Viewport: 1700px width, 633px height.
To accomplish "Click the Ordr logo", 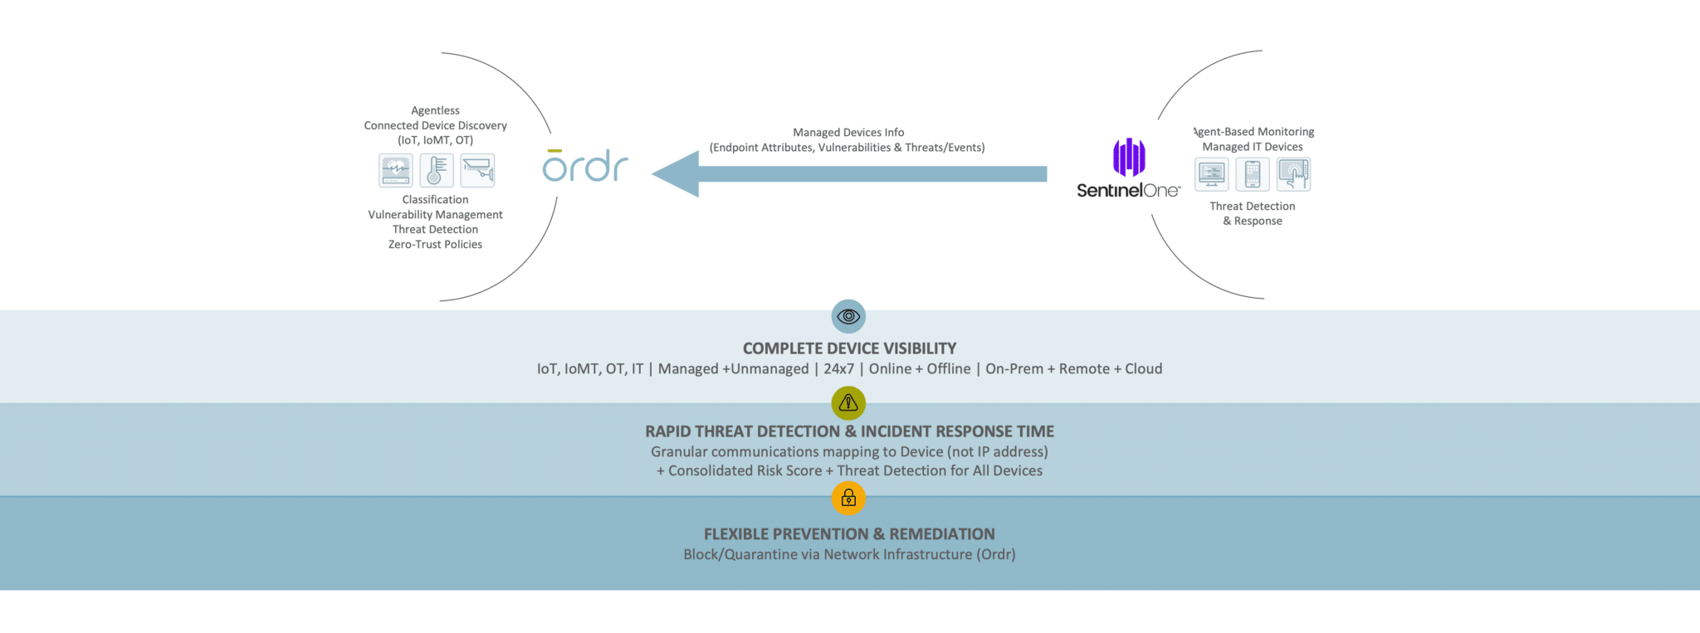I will coord(585,167).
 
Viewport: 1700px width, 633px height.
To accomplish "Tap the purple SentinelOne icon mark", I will coord(1129,157).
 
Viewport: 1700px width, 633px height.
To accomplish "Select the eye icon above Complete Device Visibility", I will coord(848,316).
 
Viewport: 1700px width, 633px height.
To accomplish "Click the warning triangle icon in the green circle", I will coord(848,403).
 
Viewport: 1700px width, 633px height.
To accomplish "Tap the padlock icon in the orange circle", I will coord(848,498).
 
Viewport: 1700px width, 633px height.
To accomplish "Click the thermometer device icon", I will coord(436,171).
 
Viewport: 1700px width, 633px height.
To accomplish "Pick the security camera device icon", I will coord(477,171).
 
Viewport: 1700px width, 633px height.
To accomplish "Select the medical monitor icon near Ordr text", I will coord(395,171).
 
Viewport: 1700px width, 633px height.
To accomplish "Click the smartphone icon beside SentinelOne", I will coord(1253,174).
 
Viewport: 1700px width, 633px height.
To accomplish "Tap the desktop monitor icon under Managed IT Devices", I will coord(1211,174).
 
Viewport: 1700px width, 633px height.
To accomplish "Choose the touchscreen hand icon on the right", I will coord(1293,174).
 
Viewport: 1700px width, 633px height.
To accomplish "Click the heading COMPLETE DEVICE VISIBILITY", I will coord(849,348).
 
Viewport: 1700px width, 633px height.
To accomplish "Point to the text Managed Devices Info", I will coord(848,133).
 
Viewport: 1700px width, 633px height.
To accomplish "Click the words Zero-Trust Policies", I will coord(435,245).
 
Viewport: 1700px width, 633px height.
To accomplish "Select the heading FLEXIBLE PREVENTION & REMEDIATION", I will coord(849,534).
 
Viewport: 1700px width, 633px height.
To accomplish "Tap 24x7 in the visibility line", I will coord(838,369).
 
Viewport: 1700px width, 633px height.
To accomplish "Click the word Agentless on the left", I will coord(435,110).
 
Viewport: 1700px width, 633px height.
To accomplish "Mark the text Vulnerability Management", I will coord(435,215).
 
